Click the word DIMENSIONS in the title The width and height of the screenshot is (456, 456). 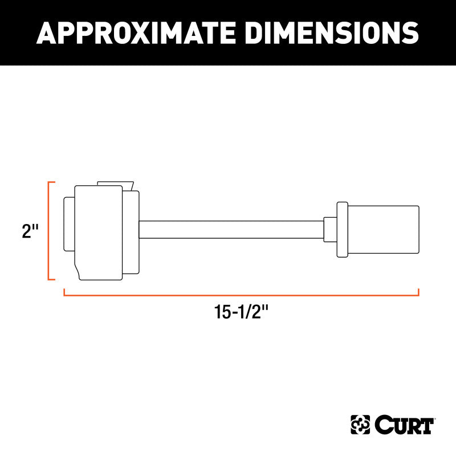(324, 33)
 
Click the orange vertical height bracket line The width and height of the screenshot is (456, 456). (49, 231)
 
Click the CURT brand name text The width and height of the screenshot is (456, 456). (405, 425)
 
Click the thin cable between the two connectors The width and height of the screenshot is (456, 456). (231, 229)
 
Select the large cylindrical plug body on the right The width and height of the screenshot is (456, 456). (383, 229)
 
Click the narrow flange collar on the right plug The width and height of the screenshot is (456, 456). (342, 229)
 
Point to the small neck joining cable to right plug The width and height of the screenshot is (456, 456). (329, 229)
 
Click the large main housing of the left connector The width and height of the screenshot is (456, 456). (99, 233)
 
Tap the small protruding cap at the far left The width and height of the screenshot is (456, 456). (68, 224)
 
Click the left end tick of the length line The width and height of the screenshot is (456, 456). (64, 292)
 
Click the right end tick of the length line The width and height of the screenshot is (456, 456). (418, 292)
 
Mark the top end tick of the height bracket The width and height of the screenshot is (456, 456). (52, 182)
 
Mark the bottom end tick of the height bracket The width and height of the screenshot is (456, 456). (52, 279)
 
